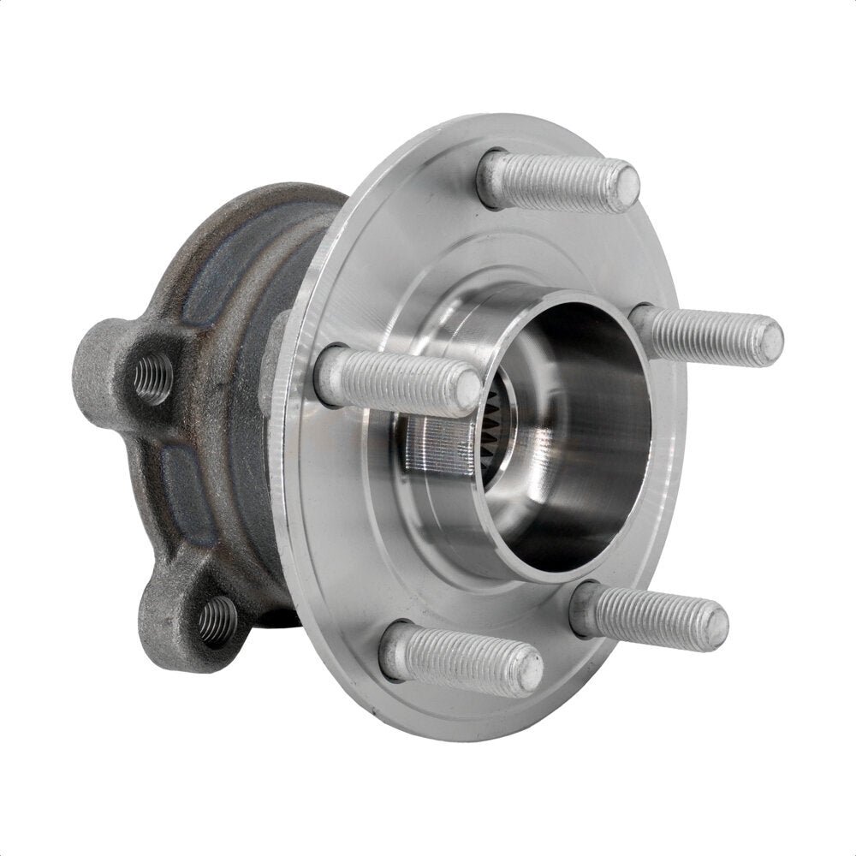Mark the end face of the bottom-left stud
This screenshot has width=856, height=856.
(528, 669)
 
